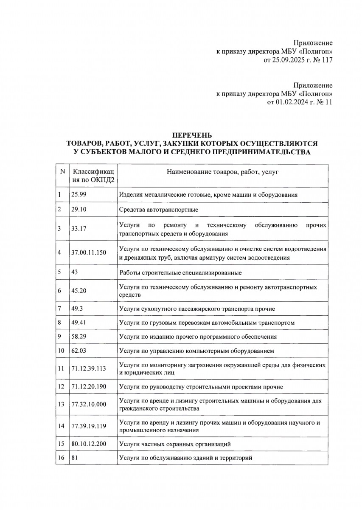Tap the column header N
pos(62,172)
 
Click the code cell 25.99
pos(79,195)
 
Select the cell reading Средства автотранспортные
pos(159,210)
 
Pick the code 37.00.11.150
pos(89,252)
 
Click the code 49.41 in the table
pos(79,323)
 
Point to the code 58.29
pos(79,337)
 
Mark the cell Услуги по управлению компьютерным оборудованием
pos(197,351)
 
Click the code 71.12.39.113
pos(89,368)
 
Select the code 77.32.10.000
pos(89,404)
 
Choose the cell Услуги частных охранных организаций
pos(175,444)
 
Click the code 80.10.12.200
pos(89,444)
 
